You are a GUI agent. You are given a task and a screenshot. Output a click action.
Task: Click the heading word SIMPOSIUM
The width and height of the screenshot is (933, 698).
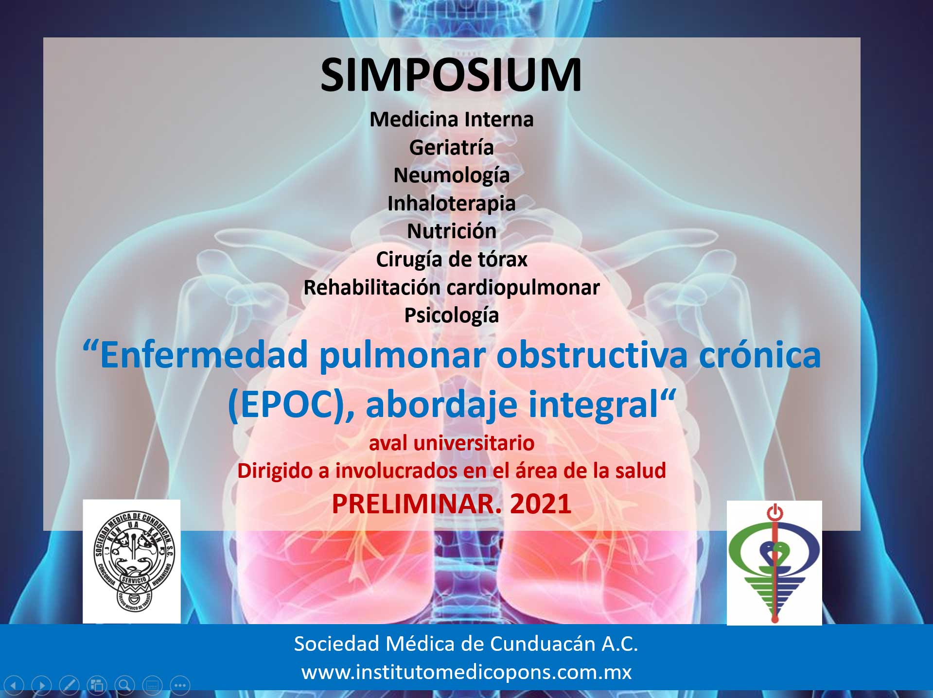pos(451,75)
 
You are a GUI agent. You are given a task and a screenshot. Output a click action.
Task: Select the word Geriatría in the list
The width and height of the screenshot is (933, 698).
pos(452,147)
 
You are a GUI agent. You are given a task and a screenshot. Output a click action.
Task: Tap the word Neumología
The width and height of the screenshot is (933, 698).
pos(452,176)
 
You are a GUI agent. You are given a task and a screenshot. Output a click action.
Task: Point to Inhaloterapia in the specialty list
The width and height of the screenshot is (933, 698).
pos(452,204)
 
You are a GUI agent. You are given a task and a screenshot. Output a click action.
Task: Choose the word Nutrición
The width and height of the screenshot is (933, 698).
pos(452,231)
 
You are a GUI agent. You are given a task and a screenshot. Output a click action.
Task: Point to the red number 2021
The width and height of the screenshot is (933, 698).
pos(541,504)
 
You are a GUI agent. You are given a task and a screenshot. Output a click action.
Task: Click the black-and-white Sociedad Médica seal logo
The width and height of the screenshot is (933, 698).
pos(132,561)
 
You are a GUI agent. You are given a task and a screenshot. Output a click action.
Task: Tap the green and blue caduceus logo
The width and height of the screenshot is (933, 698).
pos(775,563)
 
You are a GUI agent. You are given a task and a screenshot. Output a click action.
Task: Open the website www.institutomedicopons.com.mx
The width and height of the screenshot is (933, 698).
pos(466,672)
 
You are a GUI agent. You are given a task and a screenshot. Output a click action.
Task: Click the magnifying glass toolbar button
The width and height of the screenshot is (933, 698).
pos(124,685)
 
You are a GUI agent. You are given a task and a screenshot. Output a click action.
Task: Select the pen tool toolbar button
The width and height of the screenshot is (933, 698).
pos(69,685)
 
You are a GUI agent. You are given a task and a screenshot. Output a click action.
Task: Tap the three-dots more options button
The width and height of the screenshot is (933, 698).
pos(180,685)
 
